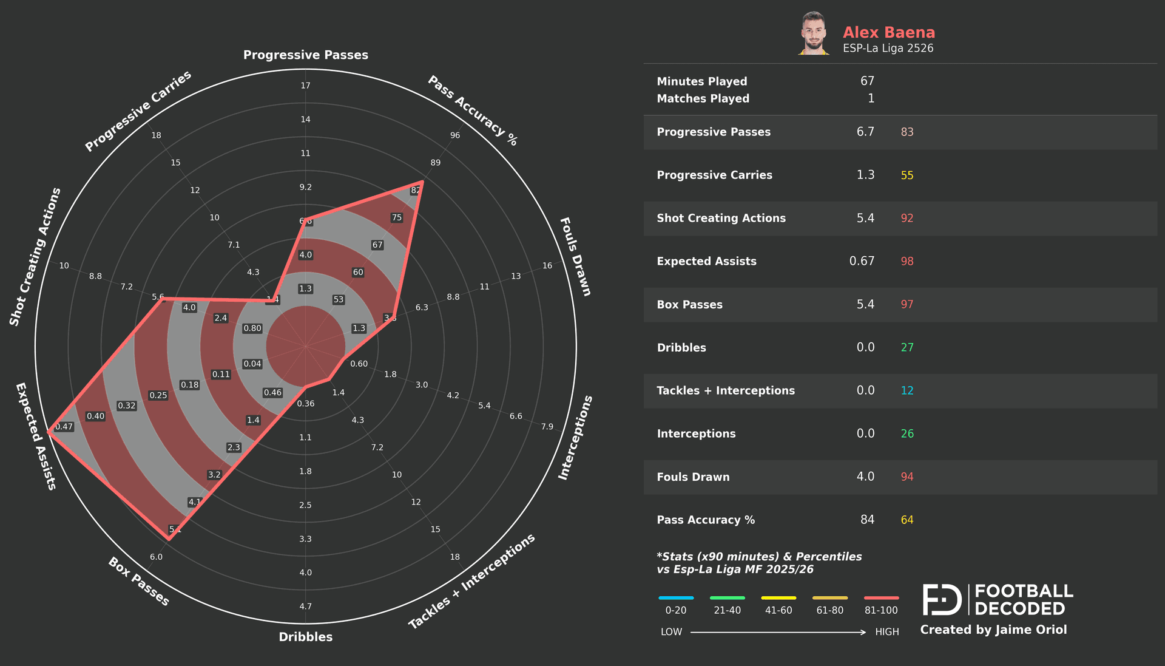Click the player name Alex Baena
(x=888, y=32)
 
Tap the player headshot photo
(x=813, y=33)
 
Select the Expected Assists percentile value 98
(x=907, y=261)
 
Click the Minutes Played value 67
(x=867, y=81)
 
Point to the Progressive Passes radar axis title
(x=305, y=55)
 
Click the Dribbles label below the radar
(x=305, y=637)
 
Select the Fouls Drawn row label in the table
(x=693, y=477)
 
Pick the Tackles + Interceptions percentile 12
(x=907, y=390)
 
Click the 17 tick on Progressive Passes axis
(x=305, y=86)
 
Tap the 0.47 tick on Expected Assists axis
(x=64, y=427)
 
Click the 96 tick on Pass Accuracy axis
(x=455, y=135)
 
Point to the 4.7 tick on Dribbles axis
(x=305, y=606)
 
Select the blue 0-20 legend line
(x=675, y=598)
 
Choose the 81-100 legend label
(x=880, y=610)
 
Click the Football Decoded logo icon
(x=942, y=600)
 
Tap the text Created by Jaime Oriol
(x=993, y=630)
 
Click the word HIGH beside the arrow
(x=886, y=632)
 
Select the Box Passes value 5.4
(x=865, y=304)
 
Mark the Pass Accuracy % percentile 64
(x=907, y=520)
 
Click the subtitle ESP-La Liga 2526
(x=888, y=49)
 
